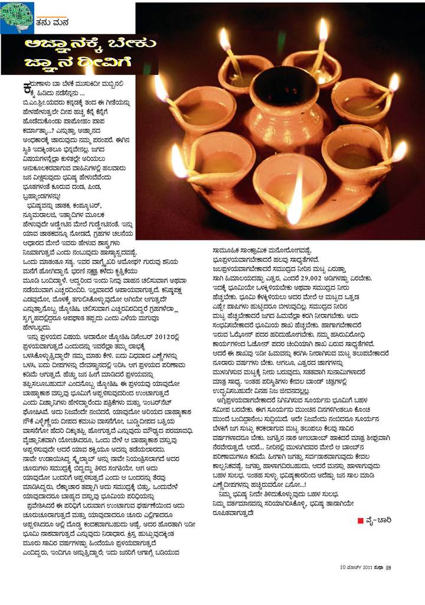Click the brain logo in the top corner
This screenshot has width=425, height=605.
pos(17,17)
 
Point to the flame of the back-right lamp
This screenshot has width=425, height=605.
pos(323,30)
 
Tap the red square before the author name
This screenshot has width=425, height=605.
pos(360,520)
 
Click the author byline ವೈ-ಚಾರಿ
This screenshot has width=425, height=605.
pos(378,520)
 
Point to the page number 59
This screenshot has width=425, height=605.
pos(388,568)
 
